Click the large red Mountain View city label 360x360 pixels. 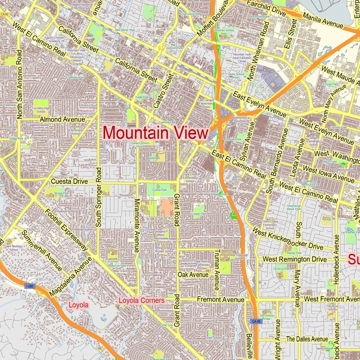click(x=155, y=133)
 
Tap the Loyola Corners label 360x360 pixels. click(x=141, y=300)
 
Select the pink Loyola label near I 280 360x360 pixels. click(x=79, y=305)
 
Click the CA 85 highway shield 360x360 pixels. click(x=257, y=321)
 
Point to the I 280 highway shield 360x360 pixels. click(x=29, y=286)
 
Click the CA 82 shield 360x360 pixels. click(x=4, y=14)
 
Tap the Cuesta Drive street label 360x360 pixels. click(x=69, y=182)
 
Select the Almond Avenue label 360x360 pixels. click(x=62, y=120)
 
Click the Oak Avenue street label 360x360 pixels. click(x=193, y=275)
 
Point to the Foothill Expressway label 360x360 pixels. click(x=66, y=230)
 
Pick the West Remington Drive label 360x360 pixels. click(x=295, y=259)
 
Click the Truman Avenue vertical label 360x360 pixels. click(x=217, y=270)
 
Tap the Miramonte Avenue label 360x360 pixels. click(x=137, y=225)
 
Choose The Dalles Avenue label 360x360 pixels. click(x=307, y=339)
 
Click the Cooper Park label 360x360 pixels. click(x=199, y=214)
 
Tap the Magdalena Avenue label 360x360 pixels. click(x=71, y=277)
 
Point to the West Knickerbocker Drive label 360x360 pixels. click(x=288, y=239)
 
